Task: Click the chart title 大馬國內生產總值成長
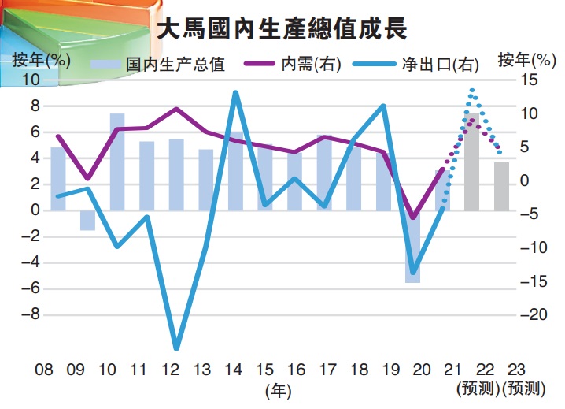(281, 31)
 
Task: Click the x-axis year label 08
(44, 369)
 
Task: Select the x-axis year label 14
(233, 369)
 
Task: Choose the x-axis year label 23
(516, 369)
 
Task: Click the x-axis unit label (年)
(279, 389)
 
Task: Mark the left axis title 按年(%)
(42, 59)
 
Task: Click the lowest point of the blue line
(176, 348)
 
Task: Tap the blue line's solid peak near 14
(235, 93)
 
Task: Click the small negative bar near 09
(87, 220)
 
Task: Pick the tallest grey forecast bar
(472, 162)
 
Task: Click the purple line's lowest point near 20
(413, 218)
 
